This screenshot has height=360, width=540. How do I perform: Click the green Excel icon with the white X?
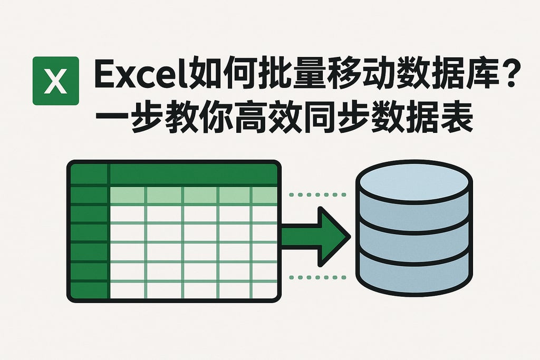pos(55,81)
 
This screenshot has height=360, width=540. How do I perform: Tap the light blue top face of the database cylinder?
pos(414,181)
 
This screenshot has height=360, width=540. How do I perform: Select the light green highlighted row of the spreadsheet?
pos(193,196)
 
